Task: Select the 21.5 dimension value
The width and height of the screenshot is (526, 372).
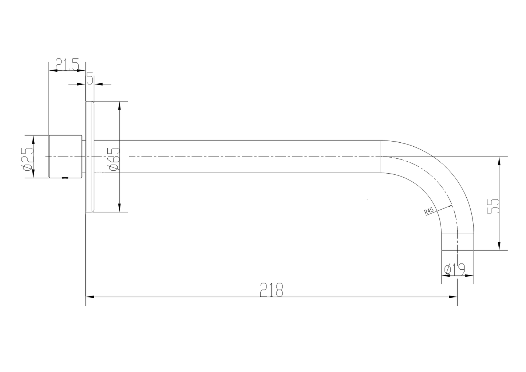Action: [x=67, y=65]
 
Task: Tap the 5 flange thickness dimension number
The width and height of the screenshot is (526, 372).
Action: [x=90, y=78]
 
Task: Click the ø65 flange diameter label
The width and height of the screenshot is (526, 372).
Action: [x=114, y=159]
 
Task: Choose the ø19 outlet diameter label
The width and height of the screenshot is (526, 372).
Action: [x=454, y=270]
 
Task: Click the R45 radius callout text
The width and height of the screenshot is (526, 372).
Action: [x=428, y=211]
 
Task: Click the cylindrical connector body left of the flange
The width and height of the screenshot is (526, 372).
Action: [x=65, y=157]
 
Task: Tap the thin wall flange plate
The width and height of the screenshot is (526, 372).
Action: [x=90, y=157]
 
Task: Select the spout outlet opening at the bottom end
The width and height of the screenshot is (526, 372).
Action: [x=458, y=250]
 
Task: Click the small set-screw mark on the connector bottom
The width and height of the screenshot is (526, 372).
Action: [x=65, y=178]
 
